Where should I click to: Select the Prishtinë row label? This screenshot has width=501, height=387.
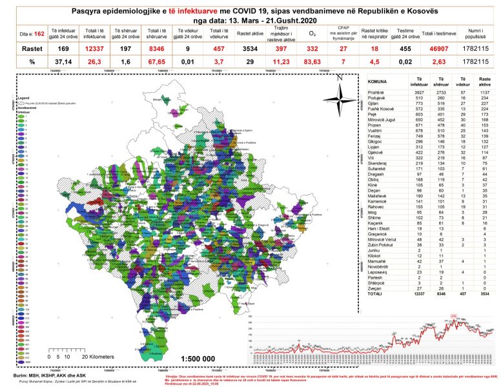pyautogui.click(x=377, y=91)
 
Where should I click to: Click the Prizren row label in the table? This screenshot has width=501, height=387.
pyautogui.click(x=375, y=126)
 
